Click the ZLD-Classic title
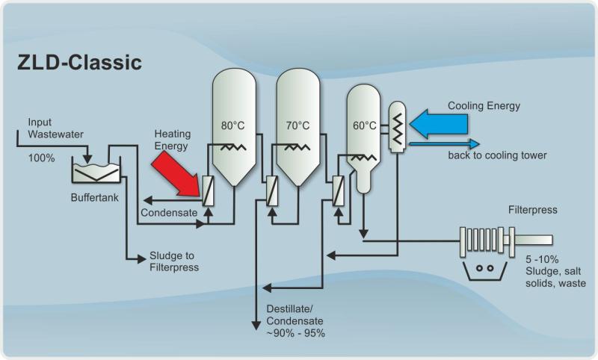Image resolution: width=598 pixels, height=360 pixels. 79,63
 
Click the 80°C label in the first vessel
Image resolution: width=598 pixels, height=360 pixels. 233,125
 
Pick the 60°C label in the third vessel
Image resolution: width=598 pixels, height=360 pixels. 364,125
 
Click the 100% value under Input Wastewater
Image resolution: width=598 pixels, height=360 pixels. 42,159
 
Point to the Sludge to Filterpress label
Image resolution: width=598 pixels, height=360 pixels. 174,261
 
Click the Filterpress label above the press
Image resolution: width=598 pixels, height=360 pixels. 532,211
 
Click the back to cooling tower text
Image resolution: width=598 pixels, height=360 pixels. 497,155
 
